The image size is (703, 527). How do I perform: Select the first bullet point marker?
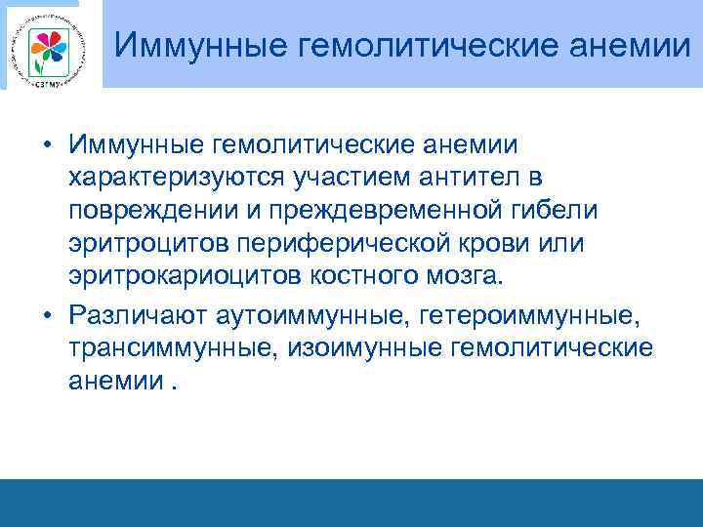click(46, 145)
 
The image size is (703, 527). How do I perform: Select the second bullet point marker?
click(46, 313)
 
